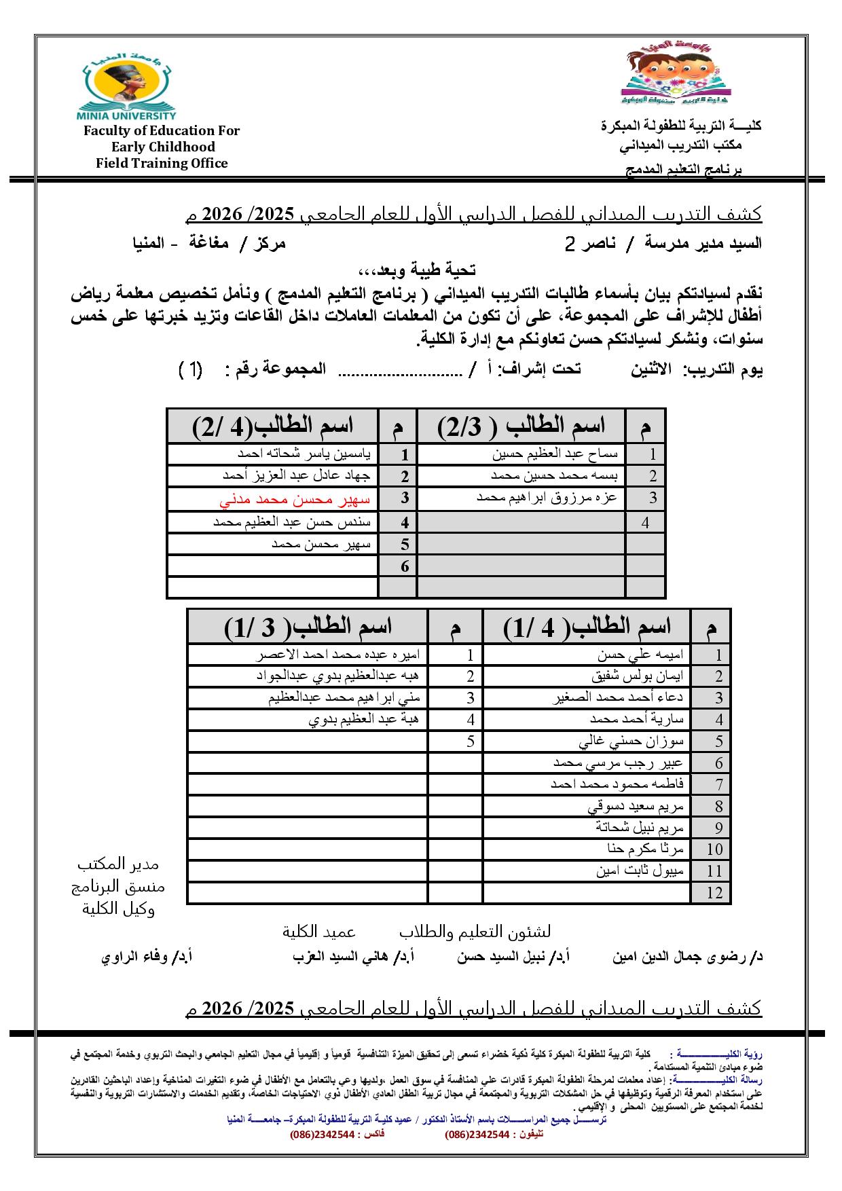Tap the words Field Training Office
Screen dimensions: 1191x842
click(162, 163)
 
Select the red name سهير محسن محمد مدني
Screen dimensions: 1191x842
click(295, 500)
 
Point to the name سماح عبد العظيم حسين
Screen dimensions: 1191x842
click(555, 454)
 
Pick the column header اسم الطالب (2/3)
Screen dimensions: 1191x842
click(521, 426)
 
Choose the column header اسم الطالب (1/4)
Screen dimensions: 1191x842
click(587, 627)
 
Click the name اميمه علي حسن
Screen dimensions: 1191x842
click(641, 655)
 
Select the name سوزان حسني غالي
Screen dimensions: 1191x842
click(631, 741)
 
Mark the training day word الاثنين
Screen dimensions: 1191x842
click(651, 369)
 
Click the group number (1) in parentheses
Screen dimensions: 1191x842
click(191, 369)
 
